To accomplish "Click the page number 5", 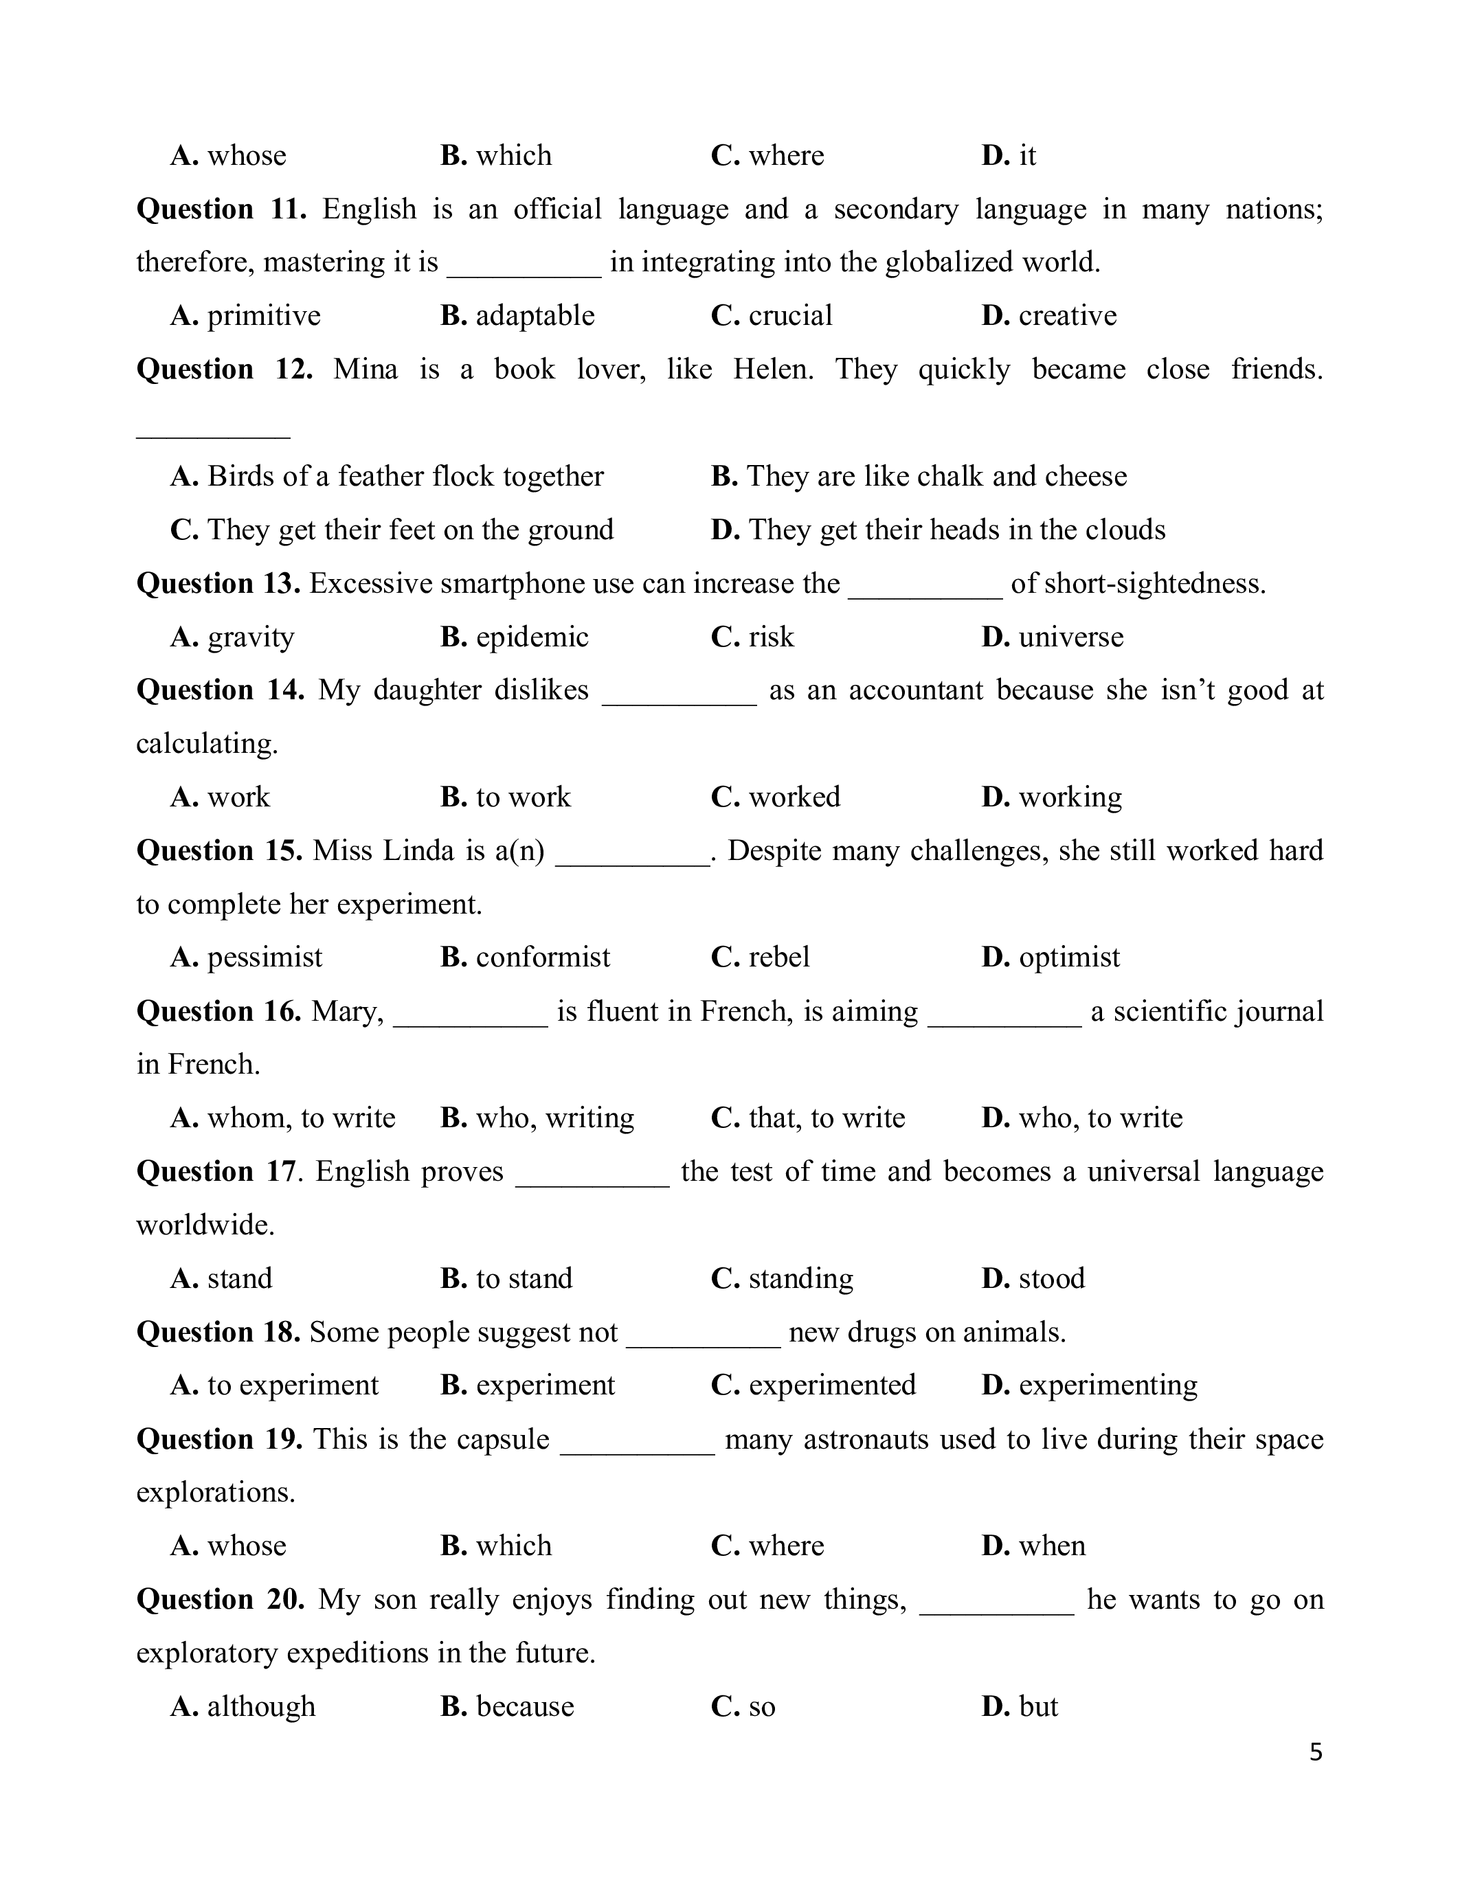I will (x=1316, y=1752).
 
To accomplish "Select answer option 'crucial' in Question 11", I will (x=789, y=316).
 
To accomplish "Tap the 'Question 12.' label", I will (x=225, y=370).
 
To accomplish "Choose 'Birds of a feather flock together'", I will (x=405, y=477).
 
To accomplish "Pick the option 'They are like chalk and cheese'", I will (x=936, y=477).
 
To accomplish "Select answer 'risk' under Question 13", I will (x=771, y=637).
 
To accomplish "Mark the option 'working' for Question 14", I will (x=1070, y=797).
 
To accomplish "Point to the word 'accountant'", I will (x=916, y=690).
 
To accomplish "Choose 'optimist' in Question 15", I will (x=1068, y=958).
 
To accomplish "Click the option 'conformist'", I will (x=542, y=958).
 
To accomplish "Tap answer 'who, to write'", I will (x=1100, y=1118).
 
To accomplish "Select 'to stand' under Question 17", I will (x=524, y=1278).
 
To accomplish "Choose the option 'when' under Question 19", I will (x=1052, y=1546).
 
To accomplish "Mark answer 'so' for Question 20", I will (x=761, y=1706).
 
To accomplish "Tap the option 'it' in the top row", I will (x=1026, y=156).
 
